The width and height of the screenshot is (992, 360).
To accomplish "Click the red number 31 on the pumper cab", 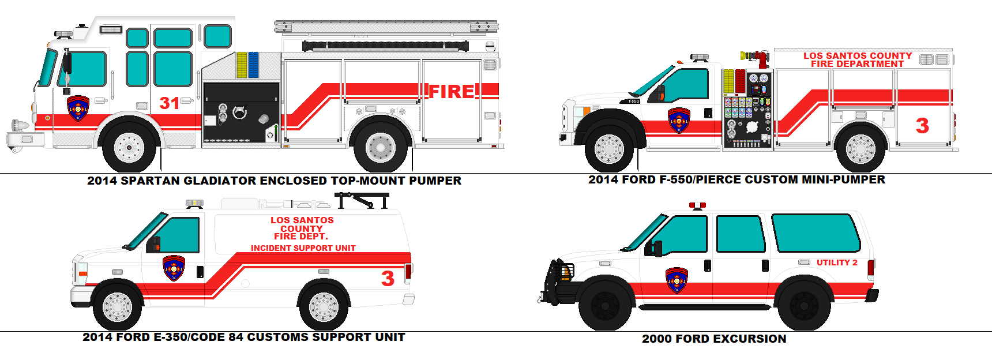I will pyautogui.click(x=169, y=103).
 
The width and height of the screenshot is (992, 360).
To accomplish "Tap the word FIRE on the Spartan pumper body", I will pyautogui.click(x=452, y=92).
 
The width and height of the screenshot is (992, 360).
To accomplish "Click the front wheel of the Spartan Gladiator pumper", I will pyautogui.click(x=129, y=148).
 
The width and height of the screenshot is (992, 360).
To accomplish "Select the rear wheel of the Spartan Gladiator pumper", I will pyautogui.click(x=380, y=148).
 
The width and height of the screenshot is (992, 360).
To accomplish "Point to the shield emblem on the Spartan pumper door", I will pyautogui.click(x=78, y=108).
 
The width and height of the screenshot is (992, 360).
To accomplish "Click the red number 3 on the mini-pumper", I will pyautogui.click(x=922, y=126).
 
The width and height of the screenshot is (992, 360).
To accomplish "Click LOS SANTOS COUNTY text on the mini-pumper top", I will pyautogui.click(x=858, y=56).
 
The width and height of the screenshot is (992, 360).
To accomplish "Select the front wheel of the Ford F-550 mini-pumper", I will pyautogui.click(x=609, y=148).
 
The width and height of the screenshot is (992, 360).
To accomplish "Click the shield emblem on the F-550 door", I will pyautogui.click(x=679, y=121).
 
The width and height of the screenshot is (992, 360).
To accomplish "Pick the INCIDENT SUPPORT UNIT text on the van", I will pyautogui.click(x=303, y=248).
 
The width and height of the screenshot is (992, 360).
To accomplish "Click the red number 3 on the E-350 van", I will pyautogui.click(x=388, y=279).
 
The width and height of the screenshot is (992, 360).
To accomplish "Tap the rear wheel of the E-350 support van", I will pyautogui.click(x=324, y=306).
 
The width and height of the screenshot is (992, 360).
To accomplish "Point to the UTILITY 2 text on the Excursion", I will pyautogui.click(x=836, y=262).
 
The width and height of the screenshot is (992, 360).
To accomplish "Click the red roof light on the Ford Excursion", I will pyautogui.click(x=697, y=205).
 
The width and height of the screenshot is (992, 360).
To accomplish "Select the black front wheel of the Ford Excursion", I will pyautogui.click(x=605, y=305).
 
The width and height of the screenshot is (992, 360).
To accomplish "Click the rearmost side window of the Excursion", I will pyautogui.click(x=814, y=232).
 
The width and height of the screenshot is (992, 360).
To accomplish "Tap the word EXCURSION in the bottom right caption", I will pyautogui.click(x=749, y=339).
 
